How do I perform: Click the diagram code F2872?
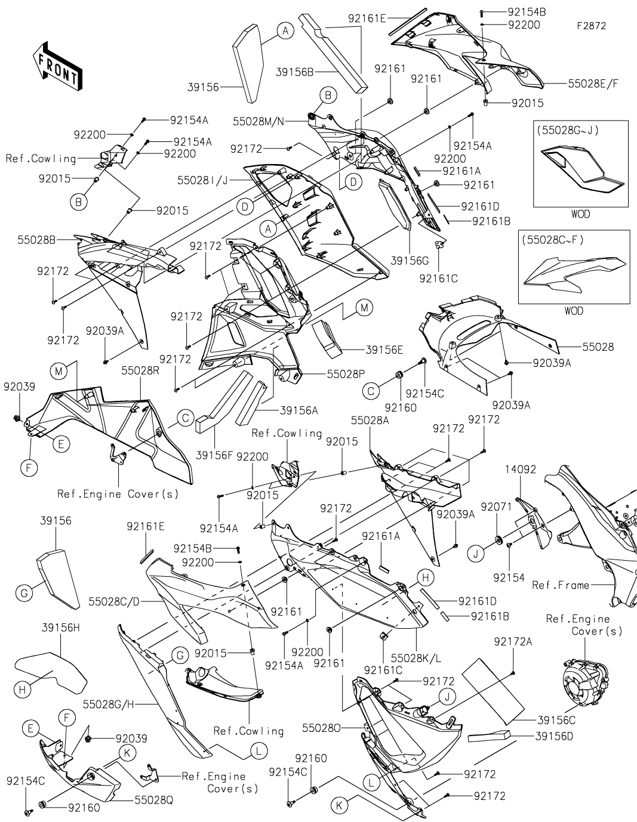tap(591, 26)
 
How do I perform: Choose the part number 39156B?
tap(294, 72)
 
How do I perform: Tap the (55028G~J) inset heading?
tap(567, 129)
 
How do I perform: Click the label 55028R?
tap(140, 370)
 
